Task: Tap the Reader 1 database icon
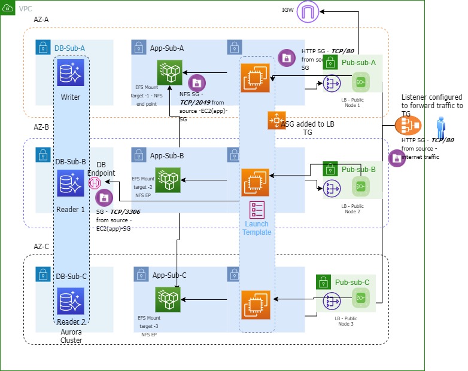[x=71, y=183]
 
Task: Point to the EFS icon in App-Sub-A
[x=169, y=73]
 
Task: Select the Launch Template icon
[x=257, y=211]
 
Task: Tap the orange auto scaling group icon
[x=276, y=120]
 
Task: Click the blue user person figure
[x=442, y=127]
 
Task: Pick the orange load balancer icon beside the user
[x=409, y=127]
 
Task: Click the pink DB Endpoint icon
[x=95, y=183]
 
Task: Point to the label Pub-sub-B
[x=358, y=170]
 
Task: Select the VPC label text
[x=26, y=9]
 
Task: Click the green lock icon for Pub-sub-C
[x=324, y=282]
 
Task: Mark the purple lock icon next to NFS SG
[x=197, y=83]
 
